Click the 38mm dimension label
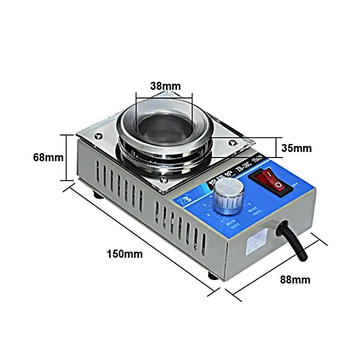pyautogui.click(x=163, y=85)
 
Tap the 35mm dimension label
pyautogui.click(x=296, y=148)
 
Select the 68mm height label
pyautogui.click(x=48, y=157)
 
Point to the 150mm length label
pyautogui.click(x=124, y=254)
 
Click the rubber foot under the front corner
pyautogui.click(x=213, y=275)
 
